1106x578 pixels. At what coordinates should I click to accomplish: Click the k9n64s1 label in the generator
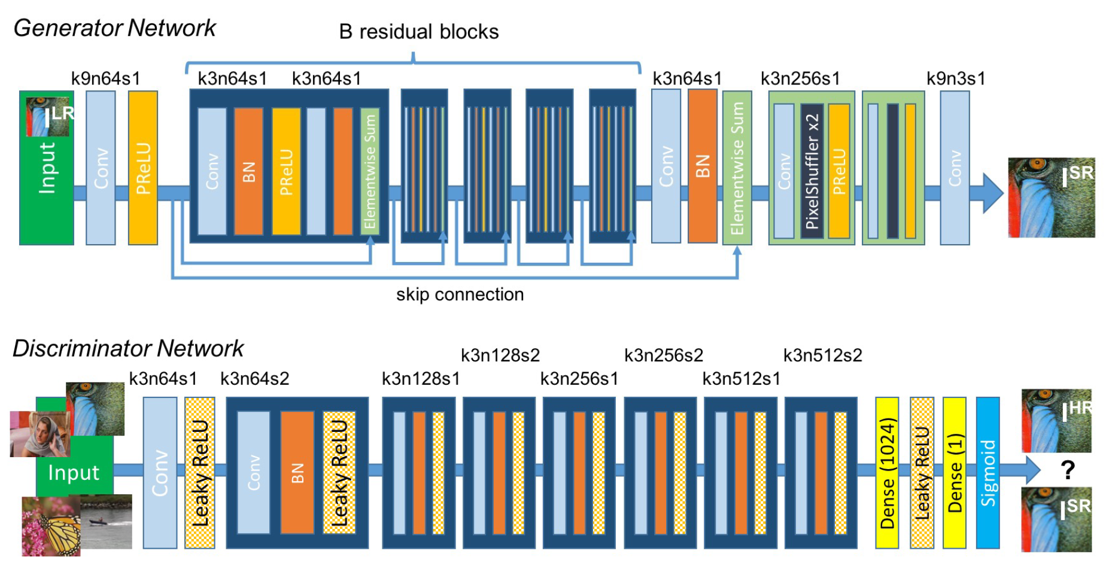pos(105,78)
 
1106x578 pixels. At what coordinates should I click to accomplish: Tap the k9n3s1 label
pos(955,78)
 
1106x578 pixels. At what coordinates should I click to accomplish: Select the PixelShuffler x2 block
pos(812,171)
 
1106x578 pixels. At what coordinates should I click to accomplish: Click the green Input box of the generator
pos(47,180)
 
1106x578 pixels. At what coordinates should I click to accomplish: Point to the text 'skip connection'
pos(460,294)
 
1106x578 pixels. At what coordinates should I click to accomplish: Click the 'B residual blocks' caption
pos(418,32)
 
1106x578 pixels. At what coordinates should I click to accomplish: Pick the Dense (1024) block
pos(887,473)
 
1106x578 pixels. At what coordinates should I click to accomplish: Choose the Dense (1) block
pos(955,473)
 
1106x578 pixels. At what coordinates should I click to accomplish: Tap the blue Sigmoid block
pos(988,473)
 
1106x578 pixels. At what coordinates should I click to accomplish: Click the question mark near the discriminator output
pos(1068,470)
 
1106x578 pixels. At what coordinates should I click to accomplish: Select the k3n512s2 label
pos(822,355)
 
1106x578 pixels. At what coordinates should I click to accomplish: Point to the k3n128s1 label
pos(421,379)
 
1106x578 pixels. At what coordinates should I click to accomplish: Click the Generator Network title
pos(114,28)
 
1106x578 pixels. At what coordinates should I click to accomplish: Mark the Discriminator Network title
pos(128,348)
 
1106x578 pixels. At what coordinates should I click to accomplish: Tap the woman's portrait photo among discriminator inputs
pos(39,434)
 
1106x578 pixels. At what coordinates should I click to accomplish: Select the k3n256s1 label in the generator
pos(800,78)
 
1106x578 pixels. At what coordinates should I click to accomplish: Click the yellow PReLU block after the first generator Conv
pos(143,168)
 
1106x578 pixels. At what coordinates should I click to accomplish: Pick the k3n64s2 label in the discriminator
pos(254,379)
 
